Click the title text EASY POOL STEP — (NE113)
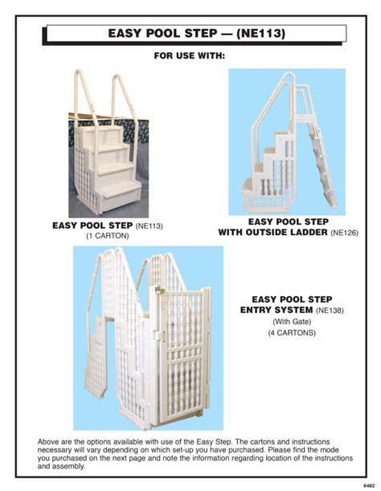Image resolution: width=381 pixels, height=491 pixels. [x=196, y=34]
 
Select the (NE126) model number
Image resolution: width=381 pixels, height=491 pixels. [x=344, y=233]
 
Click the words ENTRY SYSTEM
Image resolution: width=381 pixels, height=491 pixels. [x=277, y=310]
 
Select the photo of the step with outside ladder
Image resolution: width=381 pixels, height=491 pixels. [x=287, y=140]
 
